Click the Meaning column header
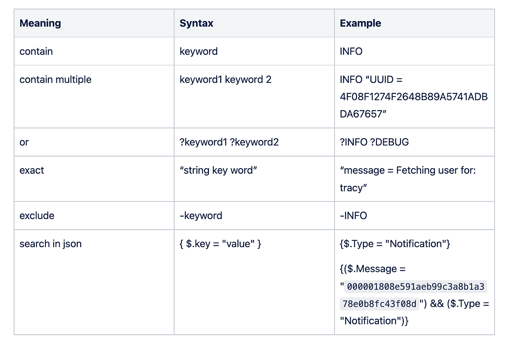coord(40,23)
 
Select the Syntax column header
coord(197,23)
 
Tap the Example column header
coord(360,23)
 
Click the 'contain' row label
coord(36,51)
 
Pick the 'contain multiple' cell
coord(55,79)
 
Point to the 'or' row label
coord(24,142)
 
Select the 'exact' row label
coord(32,170)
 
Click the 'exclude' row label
coord(37,215)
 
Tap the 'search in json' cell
coord(51,244)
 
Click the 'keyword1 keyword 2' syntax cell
coord(225,79)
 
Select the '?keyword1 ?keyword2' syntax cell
coord(229,142)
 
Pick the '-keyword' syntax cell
coord(201,215)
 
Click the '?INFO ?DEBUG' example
coord(374,142)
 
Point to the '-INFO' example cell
coord(353,215)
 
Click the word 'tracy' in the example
coord(352,188)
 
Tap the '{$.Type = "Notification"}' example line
coord(395,244)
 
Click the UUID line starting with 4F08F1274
coord(414,97)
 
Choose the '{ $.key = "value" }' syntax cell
coord(221,244)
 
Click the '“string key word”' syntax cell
coord(218,170)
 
